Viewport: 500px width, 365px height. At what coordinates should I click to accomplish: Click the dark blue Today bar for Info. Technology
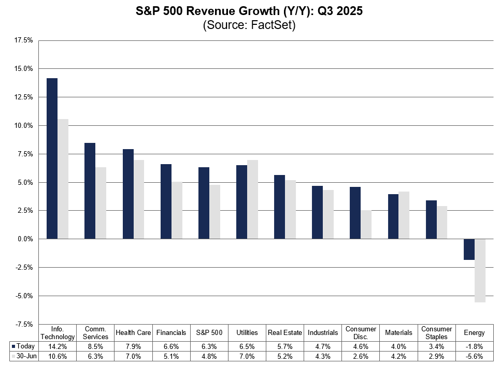click(52, 158)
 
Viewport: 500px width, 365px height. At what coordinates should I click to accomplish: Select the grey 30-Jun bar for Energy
click(480, 271)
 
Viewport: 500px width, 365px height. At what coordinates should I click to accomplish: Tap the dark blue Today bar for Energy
click(469, 250)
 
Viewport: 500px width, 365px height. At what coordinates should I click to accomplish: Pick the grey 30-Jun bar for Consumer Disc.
click(366, 225)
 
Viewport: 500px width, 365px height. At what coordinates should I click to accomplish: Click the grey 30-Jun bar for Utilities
click(252, 199)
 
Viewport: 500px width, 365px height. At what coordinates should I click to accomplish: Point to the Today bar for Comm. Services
click(90, 191)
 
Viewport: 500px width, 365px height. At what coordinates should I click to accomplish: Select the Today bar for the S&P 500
click(204, 203)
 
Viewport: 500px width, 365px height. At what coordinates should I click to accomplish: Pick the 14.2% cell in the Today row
click(58, 346)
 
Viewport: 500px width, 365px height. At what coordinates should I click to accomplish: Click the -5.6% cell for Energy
click(475, 356)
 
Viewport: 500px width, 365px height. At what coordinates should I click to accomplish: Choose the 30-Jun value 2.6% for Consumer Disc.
click(361, 356)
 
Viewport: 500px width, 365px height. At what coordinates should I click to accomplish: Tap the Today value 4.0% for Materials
click(398, 346)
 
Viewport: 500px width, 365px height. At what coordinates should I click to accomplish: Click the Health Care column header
click(133, 332)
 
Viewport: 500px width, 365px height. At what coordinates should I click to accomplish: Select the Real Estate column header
click(284, 332)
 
